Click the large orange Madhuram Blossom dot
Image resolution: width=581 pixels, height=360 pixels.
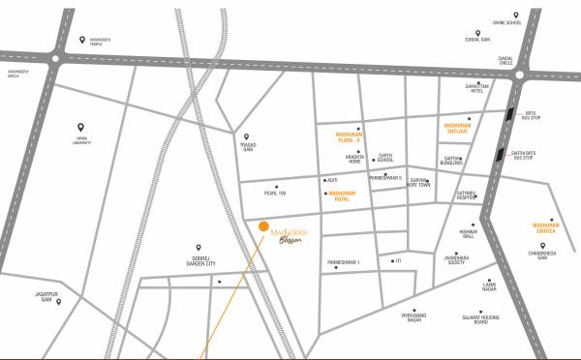[263, 226]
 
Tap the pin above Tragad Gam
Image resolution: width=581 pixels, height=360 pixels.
[247, 136]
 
